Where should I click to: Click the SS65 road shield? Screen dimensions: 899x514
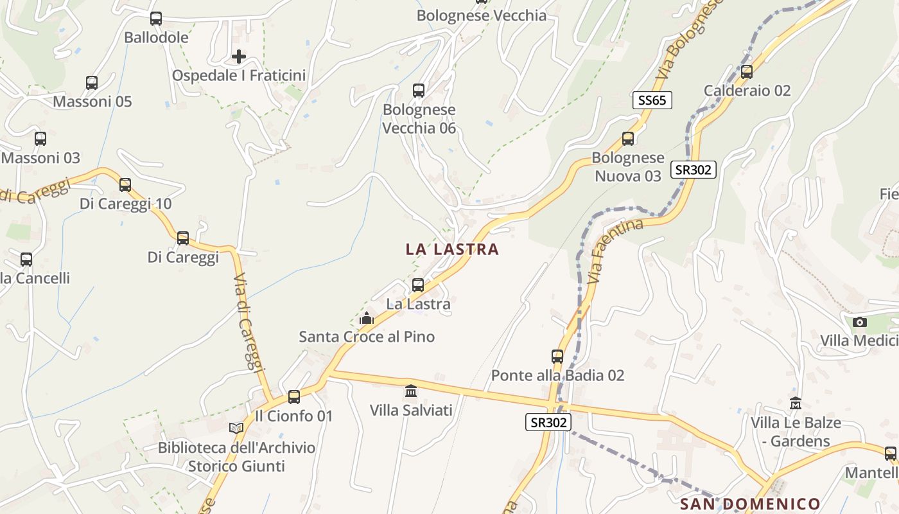point(652,100)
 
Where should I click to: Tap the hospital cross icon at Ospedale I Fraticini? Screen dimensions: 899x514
point(239,57)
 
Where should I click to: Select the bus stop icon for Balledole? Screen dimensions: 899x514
point(156,19)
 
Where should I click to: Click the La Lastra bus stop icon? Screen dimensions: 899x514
point(418,285)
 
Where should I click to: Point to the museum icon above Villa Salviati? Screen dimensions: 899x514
point(411,391)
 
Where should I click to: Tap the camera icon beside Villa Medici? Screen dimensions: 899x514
point(860,322)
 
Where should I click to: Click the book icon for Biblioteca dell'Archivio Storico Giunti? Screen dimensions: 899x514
point(236,428)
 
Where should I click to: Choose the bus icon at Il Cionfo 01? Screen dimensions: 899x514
point(294,396)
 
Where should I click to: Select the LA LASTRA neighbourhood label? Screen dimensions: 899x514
point(452,249)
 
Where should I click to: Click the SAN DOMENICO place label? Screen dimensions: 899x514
point(750,503)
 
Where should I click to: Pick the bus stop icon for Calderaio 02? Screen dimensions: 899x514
point(747,71)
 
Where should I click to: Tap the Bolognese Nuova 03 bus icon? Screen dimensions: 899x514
point(628,139)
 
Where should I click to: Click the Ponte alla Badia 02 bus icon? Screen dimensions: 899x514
point(557,356)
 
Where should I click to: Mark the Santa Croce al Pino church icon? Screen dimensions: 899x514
point(367,318)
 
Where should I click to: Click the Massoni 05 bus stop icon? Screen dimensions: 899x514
point(92,83)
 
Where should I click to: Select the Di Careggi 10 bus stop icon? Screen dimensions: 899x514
point(125,185)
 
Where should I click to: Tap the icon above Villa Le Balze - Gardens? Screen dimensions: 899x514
point(796,403)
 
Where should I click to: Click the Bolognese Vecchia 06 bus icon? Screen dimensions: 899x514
point(419,91)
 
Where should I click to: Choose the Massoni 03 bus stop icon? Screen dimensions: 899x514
point(40,139)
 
